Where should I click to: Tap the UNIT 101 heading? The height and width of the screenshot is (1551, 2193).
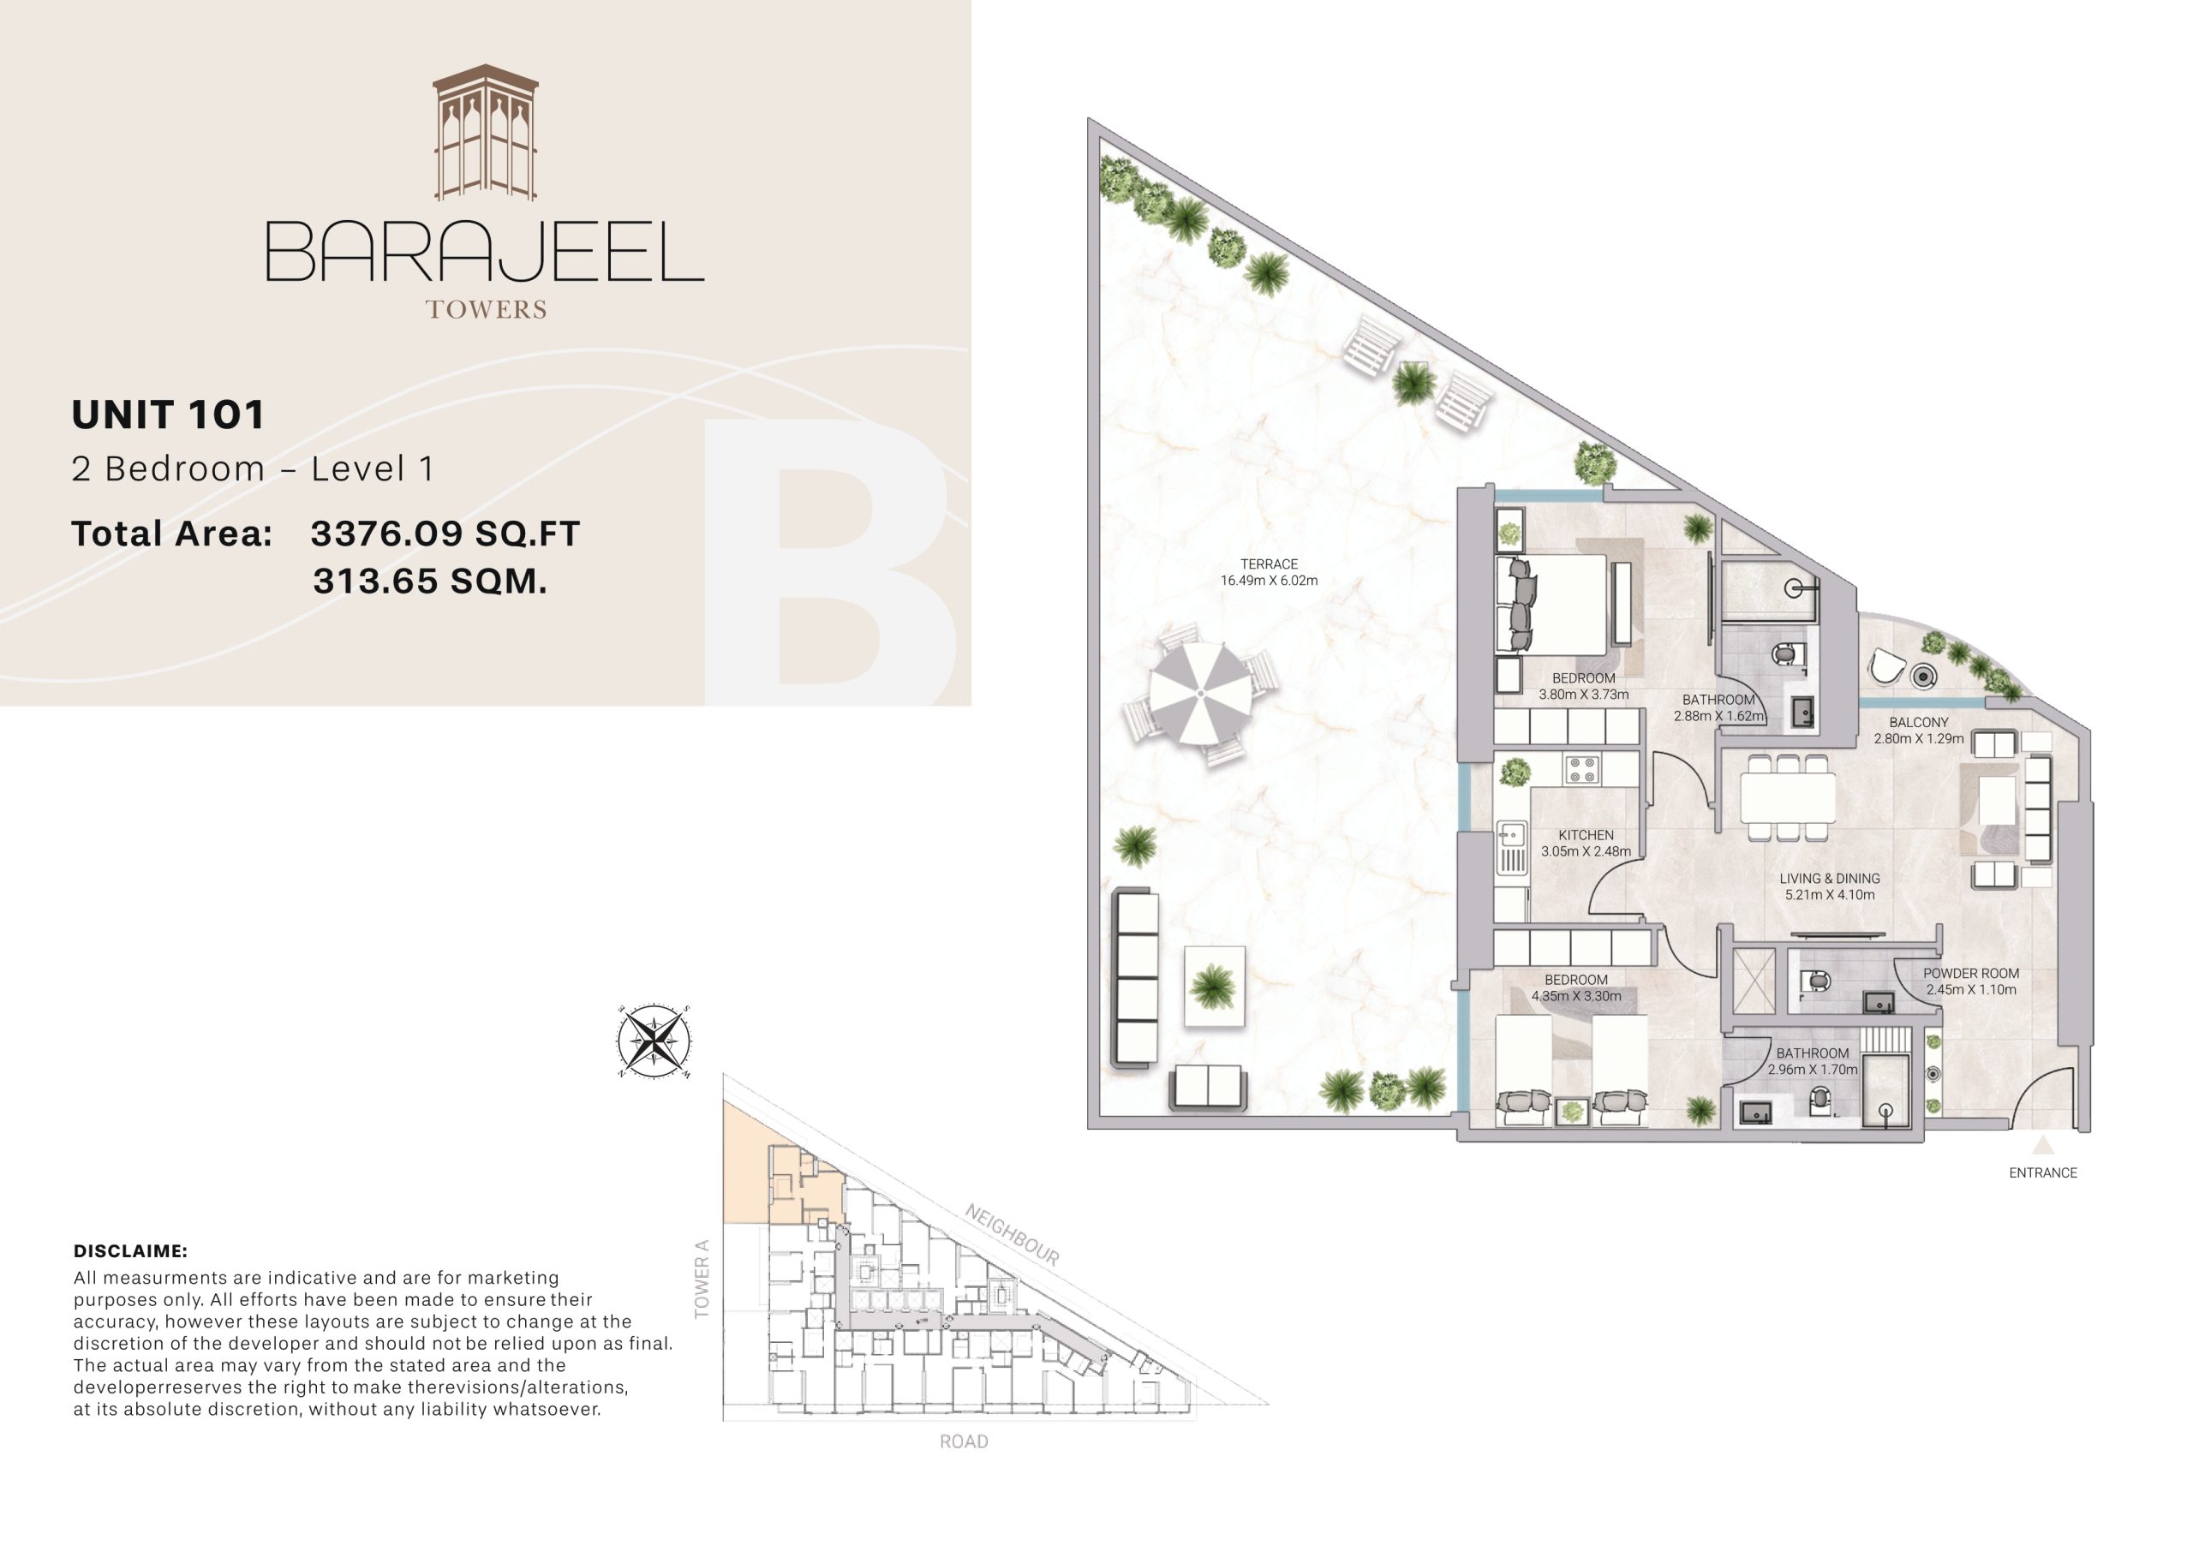coord(168,415)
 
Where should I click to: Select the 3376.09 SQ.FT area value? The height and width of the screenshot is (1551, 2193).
coord(445,533)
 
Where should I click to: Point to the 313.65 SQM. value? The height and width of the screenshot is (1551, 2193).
coord(430,581)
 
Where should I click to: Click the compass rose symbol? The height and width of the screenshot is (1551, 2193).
coord(654,1041)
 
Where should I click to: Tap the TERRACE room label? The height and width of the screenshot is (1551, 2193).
coord(1269,564)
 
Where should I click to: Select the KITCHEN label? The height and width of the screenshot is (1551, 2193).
coord(1586,835)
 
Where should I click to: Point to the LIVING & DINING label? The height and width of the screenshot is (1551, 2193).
coord(1829,879)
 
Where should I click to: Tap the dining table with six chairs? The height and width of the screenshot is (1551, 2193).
coord(1787,797)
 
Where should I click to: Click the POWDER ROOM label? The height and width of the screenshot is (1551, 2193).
coord(1970,973)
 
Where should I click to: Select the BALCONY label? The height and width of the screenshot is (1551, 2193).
coord(1918,722)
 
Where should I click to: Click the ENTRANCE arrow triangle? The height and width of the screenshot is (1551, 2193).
coord(2042,1145)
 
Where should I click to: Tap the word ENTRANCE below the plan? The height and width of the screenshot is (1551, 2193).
coord(2042,1172)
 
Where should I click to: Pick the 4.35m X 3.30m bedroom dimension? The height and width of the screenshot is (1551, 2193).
coord(1576,996)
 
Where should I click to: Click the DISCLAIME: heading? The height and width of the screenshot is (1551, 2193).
coord(130,1251)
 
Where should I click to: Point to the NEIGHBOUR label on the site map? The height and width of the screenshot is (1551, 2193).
coord(1012,1235)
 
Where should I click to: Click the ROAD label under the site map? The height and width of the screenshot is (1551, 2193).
coord(963,1442)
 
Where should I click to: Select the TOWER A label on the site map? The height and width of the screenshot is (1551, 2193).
coord(702,1279)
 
